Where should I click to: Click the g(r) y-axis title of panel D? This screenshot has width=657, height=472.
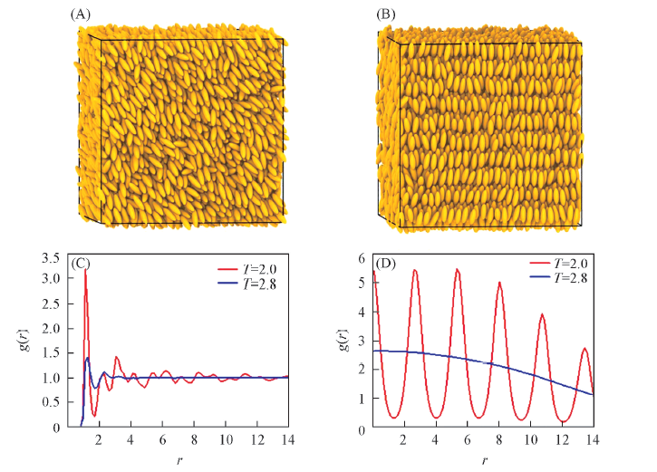coord(341,342)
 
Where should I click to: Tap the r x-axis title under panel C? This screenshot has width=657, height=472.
coord(179,460)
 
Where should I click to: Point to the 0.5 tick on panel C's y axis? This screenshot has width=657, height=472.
coord(60,402)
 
